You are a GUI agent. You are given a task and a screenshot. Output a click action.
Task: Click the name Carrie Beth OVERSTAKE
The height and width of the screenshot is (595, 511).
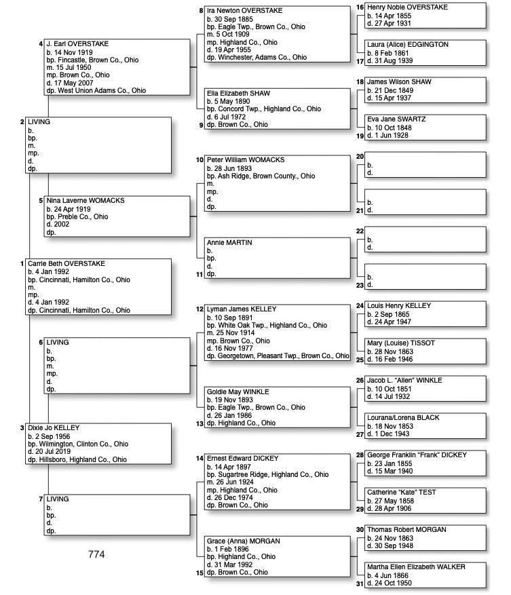[x=67, y=263]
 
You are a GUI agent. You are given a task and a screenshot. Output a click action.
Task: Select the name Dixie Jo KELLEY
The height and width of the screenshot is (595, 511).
[x=54, y=428]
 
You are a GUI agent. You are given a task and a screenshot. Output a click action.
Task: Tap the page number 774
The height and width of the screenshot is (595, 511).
[x=96, y=554]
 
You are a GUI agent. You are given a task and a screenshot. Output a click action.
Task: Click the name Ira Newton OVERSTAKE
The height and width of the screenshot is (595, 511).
[x=244, y=11]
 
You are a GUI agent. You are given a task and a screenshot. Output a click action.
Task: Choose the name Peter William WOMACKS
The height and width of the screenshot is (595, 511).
[x=246, y=160]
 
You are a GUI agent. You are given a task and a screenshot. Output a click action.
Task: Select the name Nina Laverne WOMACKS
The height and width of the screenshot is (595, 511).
[x=86, y=201]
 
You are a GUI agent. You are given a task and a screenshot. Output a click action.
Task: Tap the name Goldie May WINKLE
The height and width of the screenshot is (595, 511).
[x=238, y=391]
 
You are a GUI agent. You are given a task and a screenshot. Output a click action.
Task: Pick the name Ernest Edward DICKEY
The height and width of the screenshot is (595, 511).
[x=243, y=459]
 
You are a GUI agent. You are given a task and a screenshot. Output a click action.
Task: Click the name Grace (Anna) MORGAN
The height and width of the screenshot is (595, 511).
[x=243, y=541]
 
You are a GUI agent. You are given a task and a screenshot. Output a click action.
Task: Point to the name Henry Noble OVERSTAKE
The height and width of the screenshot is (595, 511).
[x=407, y=7]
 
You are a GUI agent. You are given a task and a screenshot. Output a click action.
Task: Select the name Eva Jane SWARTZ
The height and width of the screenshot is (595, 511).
[x=396, y=119]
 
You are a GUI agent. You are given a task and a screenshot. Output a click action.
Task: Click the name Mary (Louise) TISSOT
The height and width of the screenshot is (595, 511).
[x=400, y=343]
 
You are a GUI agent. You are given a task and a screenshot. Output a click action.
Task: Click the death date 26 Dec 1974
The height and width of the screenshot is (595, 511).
[x=238, y=497]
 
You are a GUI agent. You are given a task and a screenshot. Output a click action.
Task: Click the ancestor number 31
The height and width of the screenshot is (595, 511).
[x=360, y=583]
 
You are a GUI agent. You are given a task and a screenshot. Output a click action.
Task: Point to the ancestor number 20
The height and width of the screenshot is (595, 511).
[x=360, y=157]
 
